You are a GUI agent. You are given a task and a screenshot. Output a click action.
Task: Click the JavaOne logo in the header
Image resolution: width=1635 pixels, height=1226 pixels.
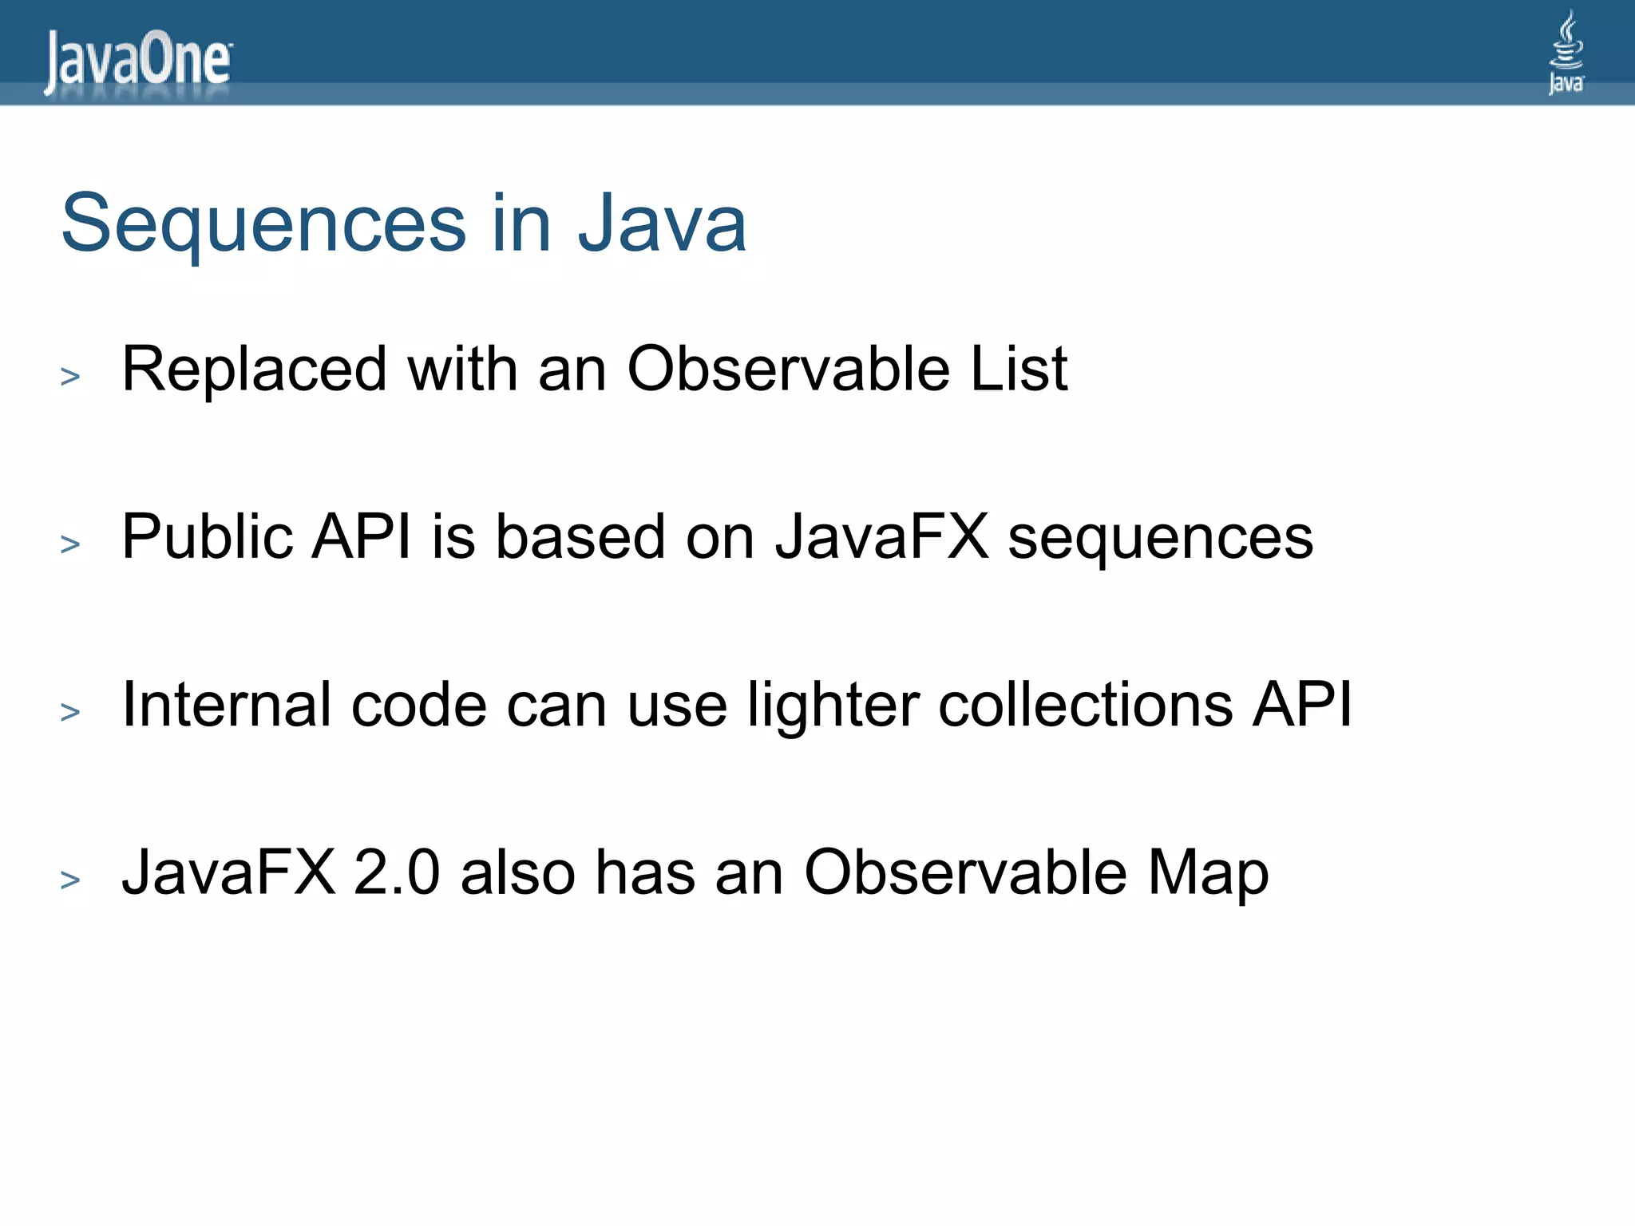coord(138,61)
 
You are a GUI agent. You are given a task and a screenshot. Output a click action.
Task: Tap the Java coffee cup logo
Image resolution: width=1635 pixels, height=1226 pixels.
coord(1566,52)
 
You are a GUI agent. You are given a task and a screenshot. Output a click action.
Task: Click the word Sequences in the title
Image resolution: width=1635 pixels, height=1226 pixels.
coord(263,224)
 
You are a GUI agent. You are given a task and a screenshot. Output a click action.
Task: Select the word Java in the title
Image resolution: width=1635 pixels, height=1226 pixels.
coord(662,224)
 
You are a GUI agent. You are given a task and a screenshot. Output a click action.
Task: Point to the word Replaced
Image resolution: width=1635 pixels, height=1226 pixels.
coord(255,370)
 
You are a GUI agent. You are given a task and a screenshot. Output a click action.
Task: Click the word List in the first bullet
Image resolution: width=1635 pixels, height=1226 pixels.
coord(1019,370)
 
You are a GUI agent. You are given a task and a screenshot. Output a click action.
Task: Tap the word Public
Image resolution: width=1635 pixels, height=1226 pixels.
coord(207,537)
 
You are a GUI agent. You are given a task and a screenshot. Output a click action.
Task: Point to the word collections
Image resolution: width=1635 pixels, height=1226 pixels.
coord(1085,705)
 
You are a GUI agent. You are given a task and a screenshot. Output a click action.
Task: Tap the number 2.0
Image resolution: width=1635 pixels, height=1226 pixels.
coord(397,872)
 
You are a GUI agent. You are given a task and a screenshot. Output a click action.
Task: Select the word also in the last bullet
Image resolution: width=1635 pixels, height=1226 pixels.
coord(517,872)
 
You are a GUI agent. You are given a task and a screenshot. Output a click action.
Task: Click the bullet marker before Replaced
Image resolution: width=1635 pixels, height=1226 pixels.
coord(70,376)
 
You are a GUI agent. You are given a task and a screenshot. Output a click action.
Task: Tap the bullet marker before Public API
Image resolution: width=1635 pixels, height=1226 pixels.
coord(70,544)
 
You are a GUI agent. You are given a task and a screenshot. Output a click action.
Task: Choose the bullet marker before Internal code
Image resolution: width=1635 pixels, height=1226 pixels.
coord(70,712)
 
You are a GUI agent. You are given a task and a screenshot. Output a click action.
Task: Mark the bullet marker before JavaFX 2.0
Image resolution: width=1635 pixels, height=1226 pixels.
coord(70,880)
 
